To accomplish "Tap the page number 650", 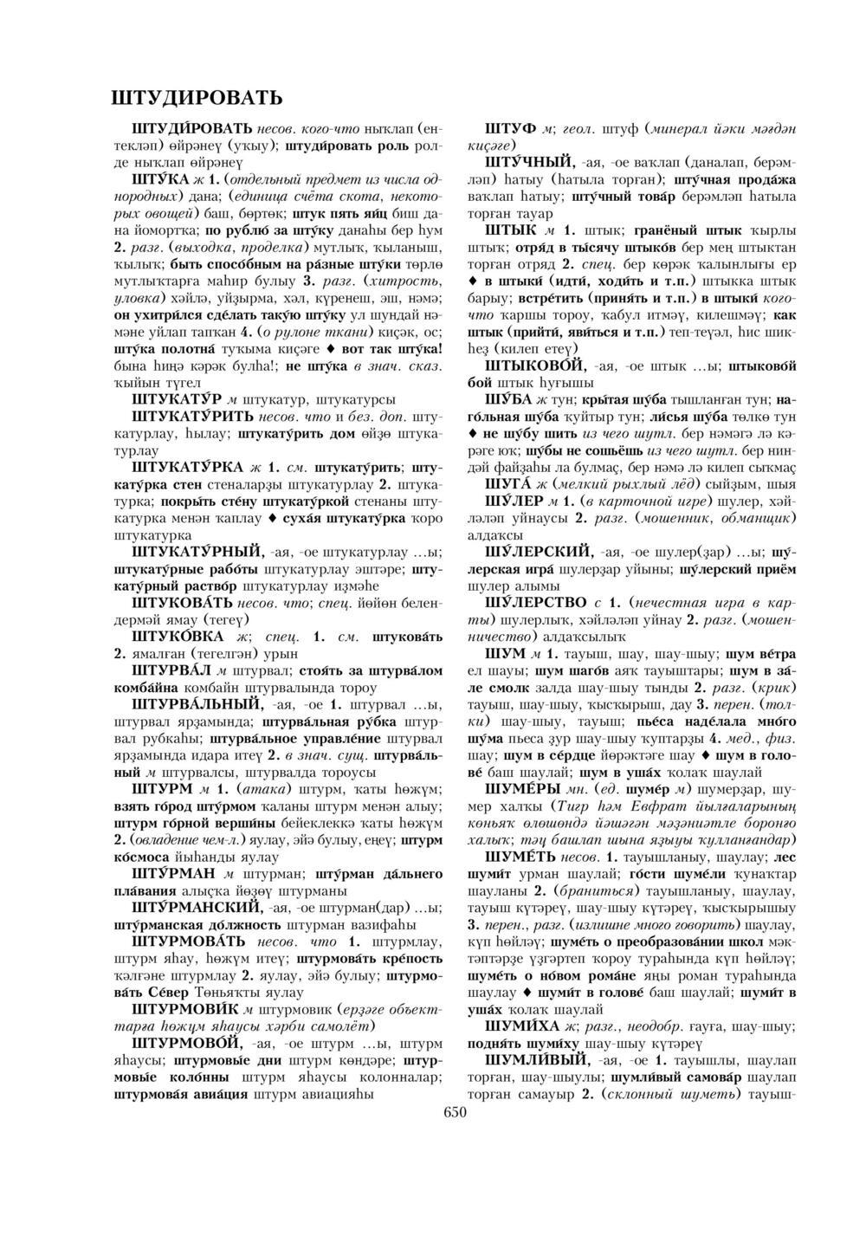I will point(455,1112).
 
